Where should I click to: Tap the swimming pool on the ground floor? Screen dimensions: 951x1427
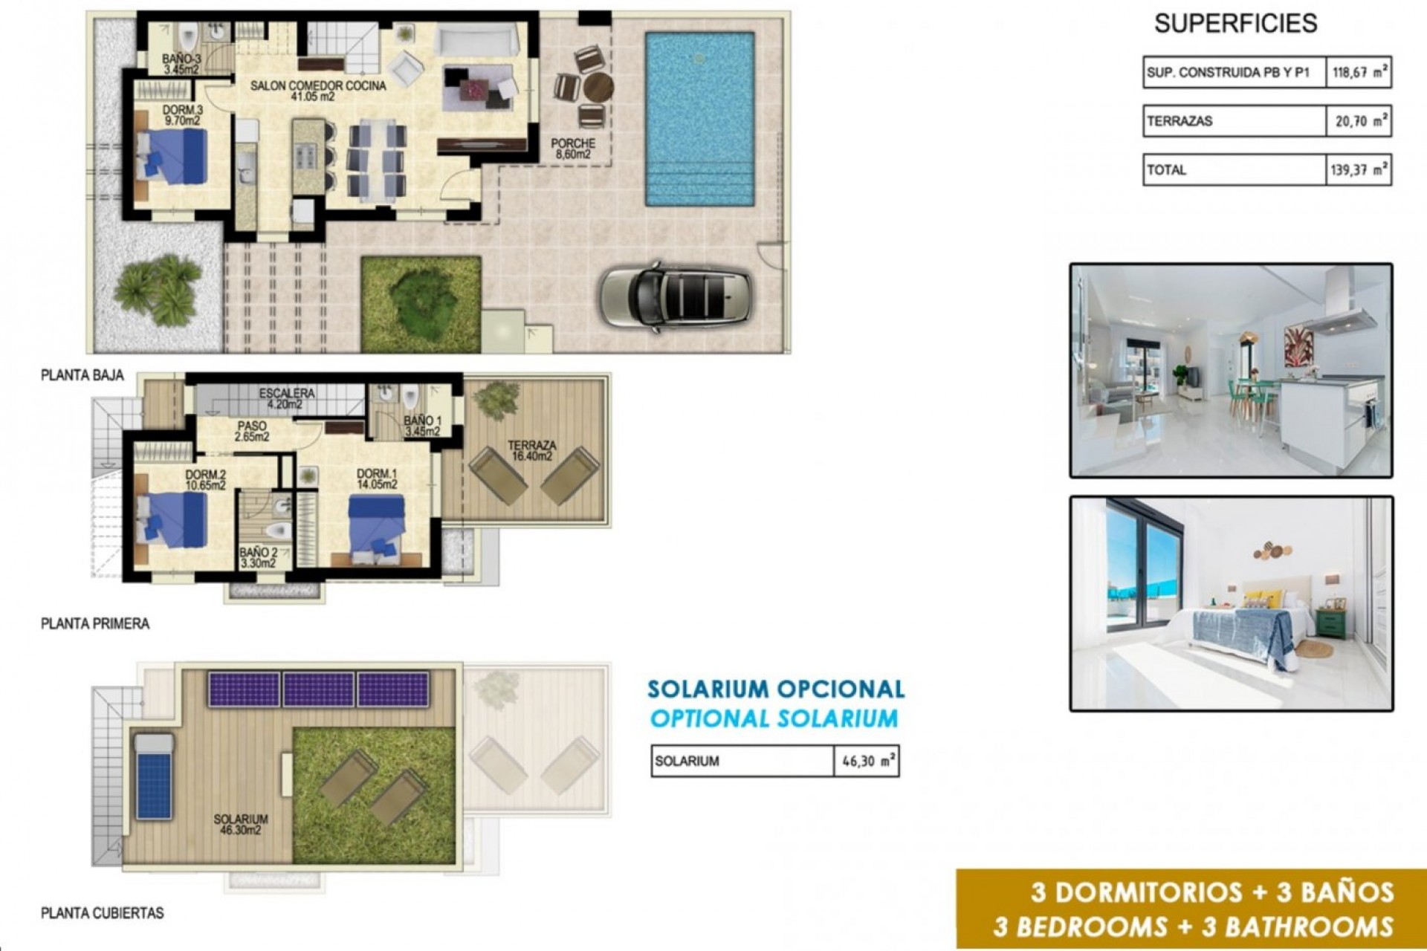[x=699, y=119]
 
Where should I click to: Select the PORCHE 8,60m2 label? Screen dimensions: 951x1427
[x=573, y=149]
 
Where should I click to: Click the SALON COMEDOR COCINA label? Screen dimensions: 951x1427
[x=318, y=91]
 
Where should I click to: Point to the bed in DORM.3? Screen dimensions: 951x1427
[x=172, y=157]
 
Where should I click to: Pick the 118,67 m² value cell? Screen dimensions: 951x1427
[x=1359, y=73]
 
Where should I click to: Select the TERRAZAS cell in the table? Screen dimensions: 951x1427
[x=1234, y=121]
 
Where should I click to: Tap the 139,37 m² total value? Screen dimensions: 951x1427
[x=1359, y=170]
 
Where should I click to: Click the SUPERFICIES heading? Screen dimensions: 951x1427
[x=1235, y=24]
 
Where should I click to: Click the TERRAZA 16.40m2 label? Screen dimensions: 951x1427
[x=531, y=451]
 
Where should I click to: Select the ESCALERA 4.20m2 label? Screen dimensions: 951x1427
[x=287, y=398]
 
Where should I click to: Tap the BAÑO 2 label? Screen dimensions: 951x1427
[x=258, y=558]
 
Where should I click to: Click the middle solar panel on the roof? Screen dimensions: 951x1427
[x=318, y=689]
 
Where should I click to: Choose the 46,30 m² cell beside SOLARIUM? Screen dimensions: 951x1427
[x=867, y=762]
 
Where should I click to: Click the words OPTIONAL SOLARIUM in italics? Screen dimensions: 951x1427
[x=774, y=719]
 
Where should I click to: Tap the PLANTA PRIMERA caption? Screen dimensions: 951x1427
[x=95, y=624]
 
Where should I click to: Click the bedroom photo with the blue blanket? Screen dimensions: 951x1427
[x=1231, y=604]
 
